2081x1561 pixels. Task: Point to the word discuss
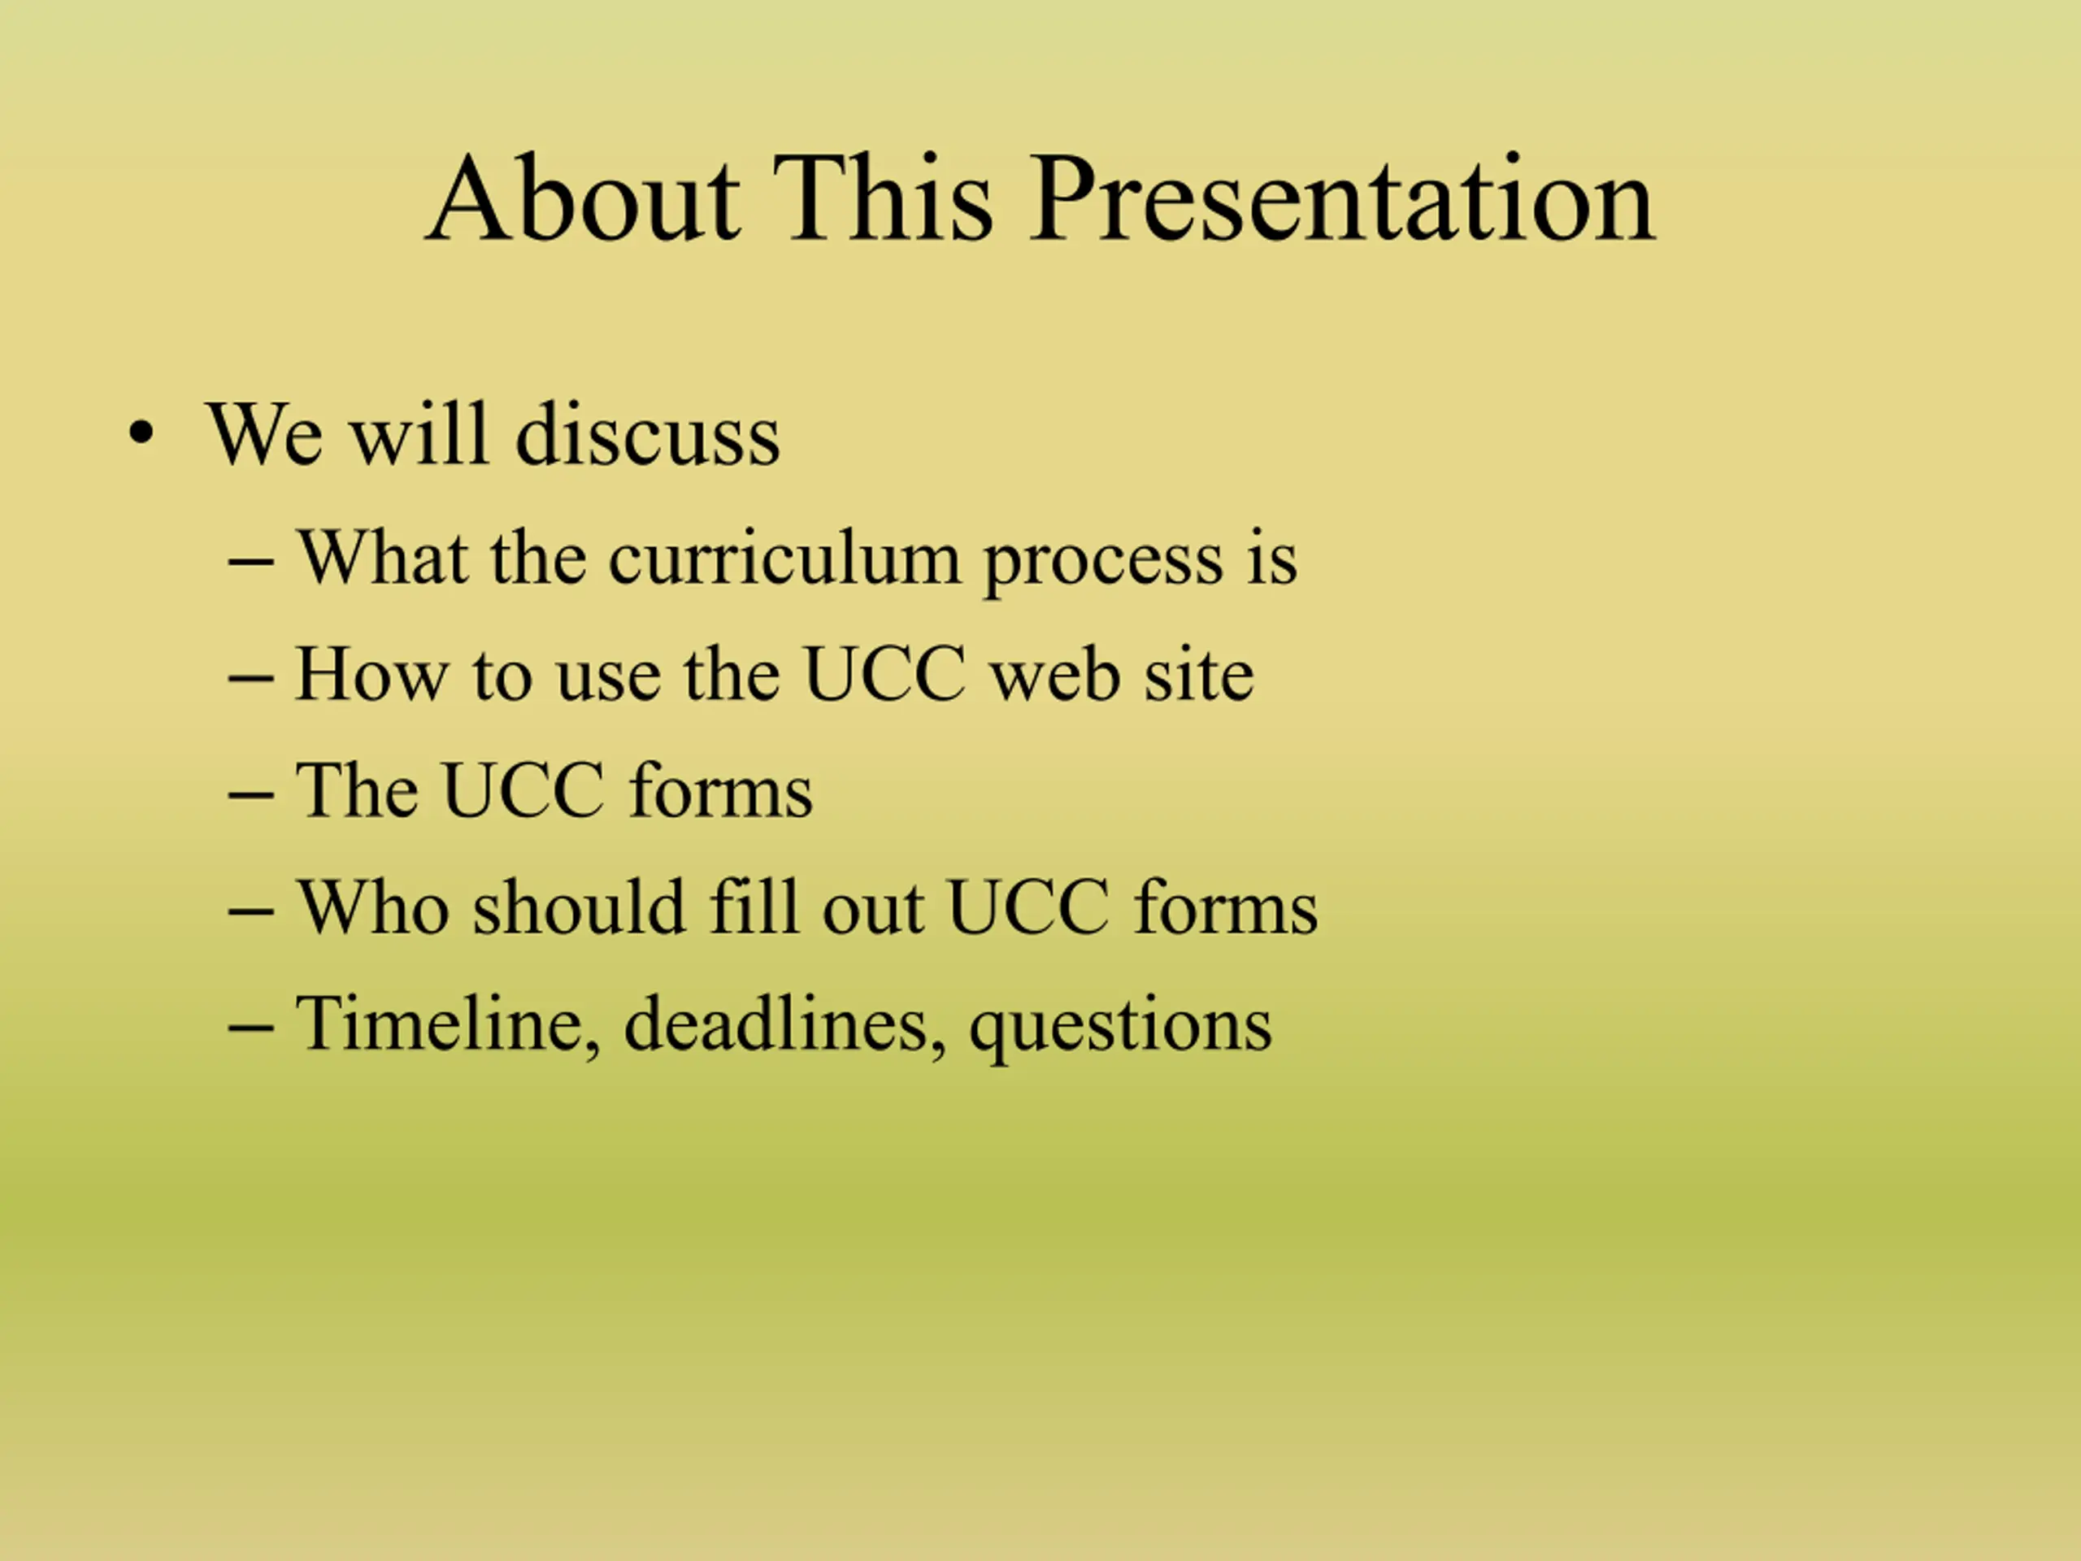pyautogui.click(x=648, y=434)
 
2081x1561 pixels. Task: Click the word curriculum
pyautogui.click(x=784, y=559)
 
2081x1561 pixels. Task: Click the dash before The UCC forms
pyautogui.click(x=251, y=795)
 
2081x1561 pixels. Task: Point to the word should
pyautogui.click(x=579, y=907)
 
